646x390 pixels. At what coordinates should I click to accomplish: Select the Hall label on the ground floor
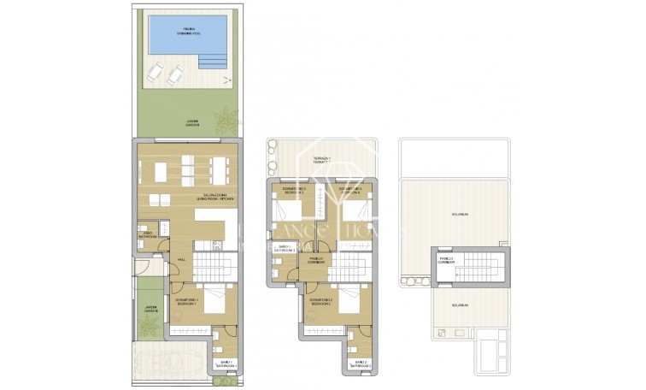(180, 260)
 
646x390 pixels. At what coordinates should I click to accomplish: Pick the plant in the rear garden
(226, 117)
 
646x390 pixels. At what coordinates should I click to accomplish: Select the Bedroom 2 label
(320, 304)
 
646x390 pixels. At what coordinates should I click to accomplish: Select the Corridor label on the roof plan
(446, 260)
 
